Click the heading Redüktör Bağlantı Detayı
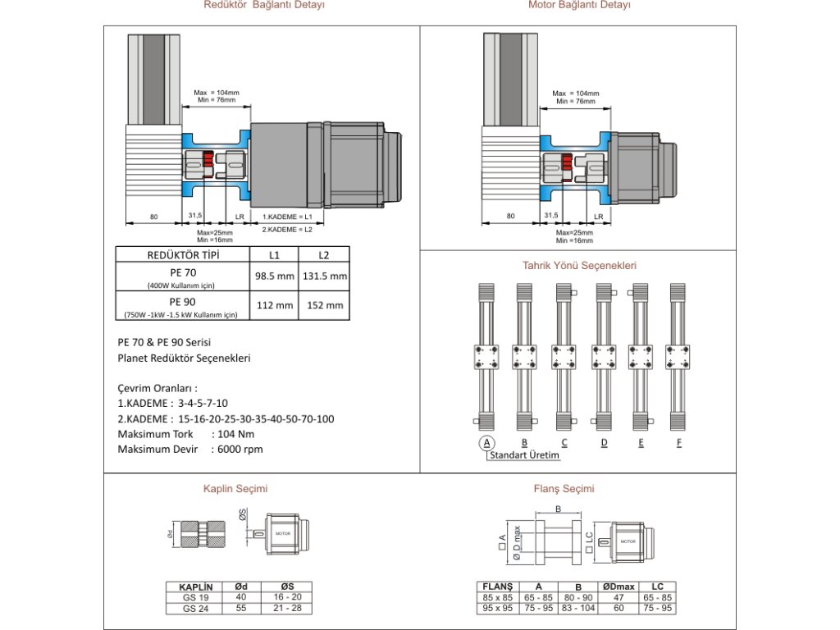pyautogui.click(x=264, y=5)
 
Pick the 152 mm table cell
pyautogui.click(x=325, y=305)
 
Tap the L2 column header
pyautogui.click(x=324, y=254)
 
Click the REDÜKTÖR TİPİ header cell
pyautogui.click(x=182, y=254)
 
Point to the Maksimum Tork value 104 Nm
pyautogui.click(x=236, y=434)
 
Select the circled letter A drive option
pyautogui.click(x=487, y=443)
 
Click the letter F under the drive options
pyautogui.click(x=678, y=443)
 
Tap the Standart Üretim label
pyautogui.click(x=525, y=455)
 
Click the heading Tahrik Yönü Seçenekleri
pyautogui.click(x=579, y=265)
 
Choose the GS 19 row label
pyautogui.click(x=195, y=598)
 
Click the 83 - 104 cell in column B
pyautogui.click(x=578, y=609)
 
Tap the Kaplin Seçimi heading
pyautogui.click(x=235, y=489)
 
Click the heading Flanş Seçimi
pyautogui.click(x=564, y=489)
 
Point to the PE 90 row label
pyautogui.click(x=183, y=301)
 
